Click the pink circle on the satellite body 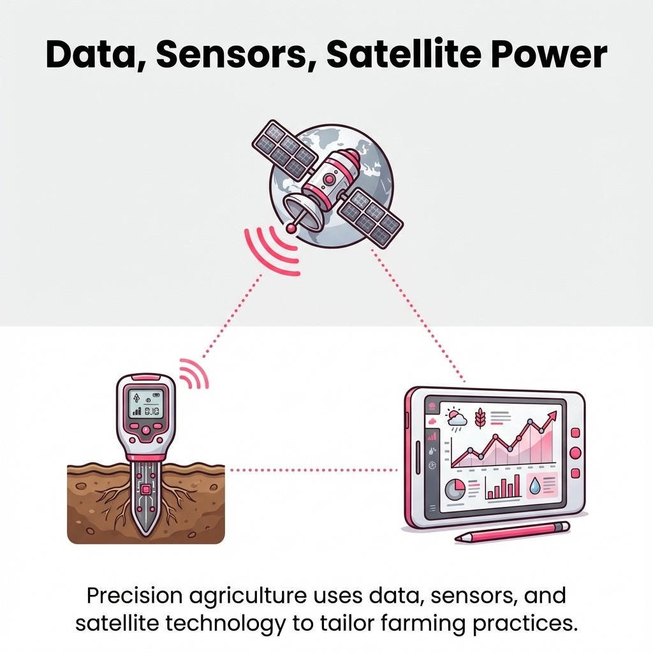pos(328,180)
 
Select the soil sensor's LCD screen pos(146,403)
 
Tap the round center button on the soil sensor pos(146,431)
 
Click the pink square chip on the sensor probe pos(146,490)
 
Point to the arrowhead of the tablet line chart pos(553,415)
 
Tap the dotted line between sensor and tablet pos(312,470)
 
